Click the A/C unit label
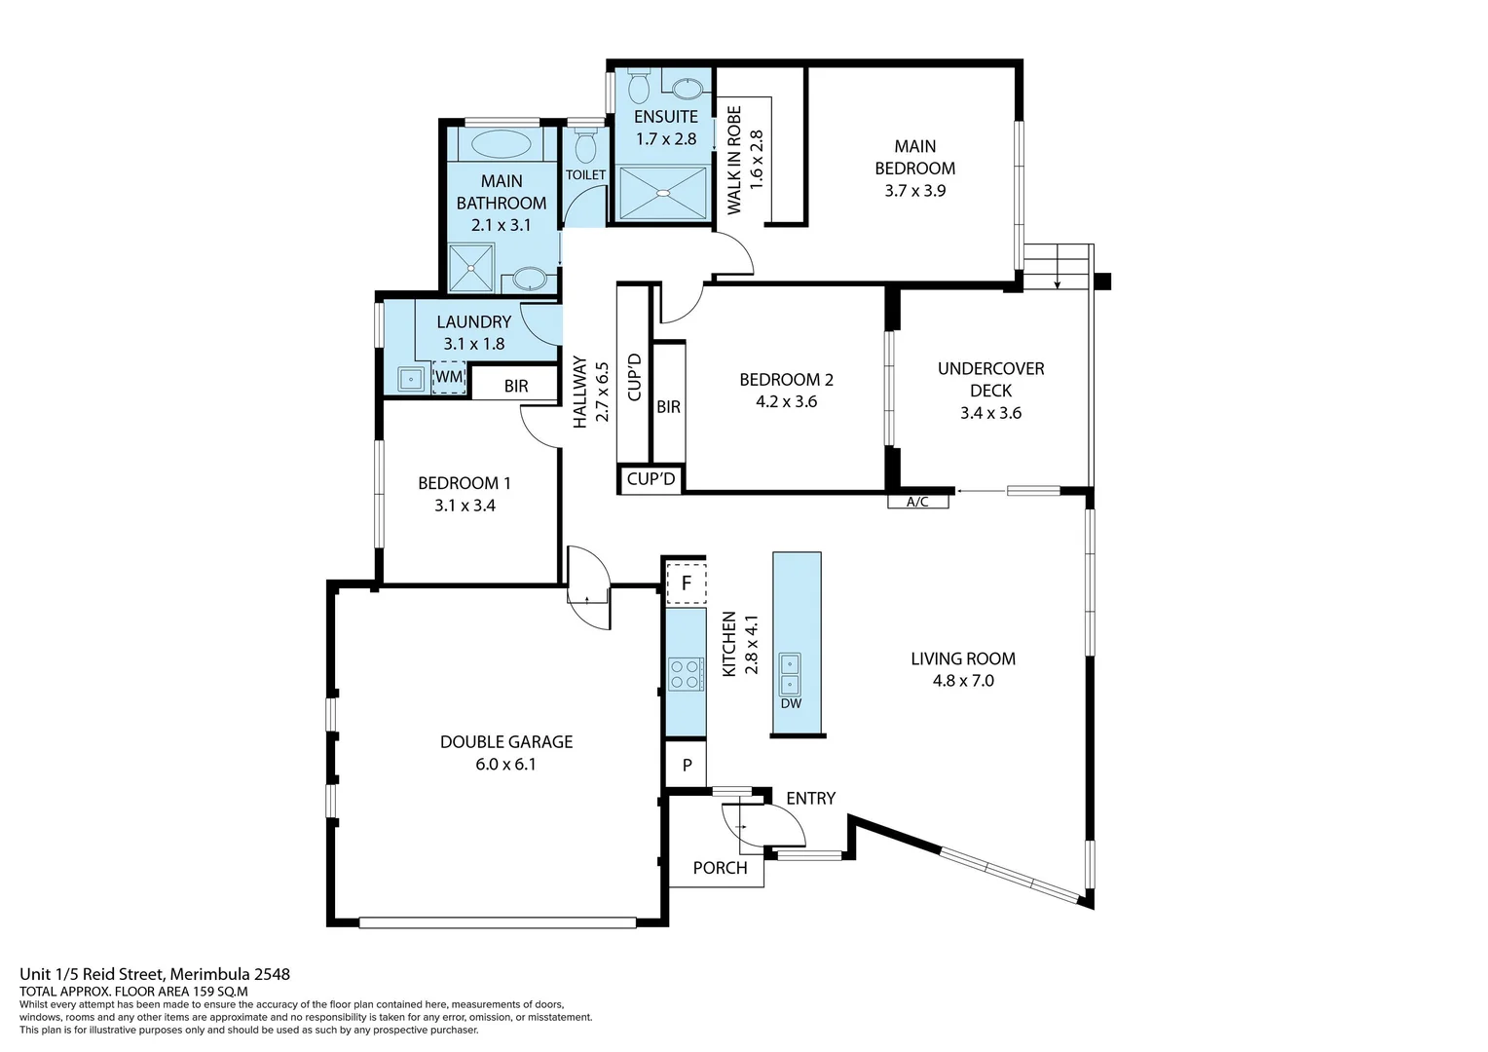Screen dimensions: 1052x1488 point(917,503)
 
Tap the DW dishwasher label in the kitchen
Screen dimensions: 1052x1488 point(791,703)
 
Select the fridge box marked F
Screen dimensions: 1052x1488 point(686,583)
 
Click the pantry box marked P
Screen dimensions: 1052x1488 point(687,766)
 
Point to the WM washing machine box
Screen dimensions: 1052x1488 point(449,377)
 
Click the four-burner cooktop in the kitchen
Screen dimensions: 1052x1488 point(686,674)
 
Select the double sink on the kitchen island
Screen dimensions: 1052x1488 point(790,673)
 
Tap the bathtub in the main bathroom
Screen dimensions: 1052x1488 point(502,144)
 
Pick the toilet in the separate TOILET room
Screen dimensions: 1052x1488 point(585,146)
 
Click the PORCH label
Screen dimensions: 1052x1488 point(720,868)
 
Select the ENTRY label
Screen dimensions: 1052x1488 point(810,799)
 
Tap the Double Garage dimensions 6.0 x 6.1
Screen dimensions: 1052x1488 point(505,765)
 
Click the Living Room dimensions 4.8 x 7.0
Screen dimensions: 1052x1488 point(963,681)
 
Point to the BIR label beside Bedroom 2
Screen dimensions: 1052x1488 point(668,407)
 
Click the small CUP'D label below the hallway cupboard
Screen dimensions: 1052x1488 point(651,479)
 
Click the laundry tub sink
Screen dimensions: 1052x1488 point(411,379)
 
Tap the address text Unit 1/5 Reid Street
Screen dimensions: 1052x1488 point(155,974)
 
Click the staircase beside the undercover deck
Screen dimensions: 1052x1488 point(1057,267)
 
